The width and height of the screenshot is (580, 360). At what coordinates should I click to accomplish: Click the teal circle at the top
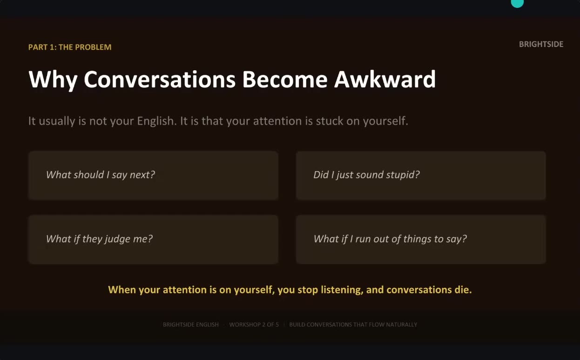(517, 3)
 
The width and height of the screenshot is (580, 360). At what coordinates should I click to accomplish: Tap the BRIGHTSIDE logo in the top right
(541, 44)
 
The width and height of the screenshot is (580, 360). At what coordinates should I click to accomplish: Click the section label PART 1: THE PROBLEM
(70, 47)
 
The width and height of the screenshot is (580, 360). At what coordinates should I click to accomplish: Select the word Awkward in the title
(385, 79)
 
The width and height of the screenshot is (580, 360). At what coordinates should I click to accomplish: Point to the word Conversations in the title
(160, 79)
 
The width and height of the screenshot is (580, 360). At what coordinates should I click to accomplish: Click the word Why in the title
(53, 80)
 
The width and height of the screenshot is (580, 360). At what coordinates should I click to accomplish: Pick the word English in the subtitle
(157, 121)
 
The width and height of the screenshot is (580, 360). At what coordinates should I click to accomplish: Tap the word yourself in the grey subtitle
(385, 121)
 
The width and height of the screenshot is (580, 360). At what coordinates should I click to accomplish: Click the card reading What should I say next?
(153, 175)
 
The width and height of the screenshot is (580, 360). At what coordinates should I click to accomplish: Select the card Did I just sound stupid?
(421, 175)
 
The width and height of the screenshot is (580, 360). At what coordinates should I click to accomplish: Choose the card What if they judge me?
(153, 240)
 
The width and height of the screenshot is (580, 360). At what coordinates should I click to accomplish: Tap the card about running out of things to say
(421, 240)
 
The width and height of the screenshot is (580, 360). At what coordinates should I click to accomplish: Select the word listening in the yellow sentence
(342, 290)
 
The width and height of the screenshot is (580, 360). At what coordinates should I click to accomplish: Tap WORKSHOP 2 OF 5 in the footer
(254, 325)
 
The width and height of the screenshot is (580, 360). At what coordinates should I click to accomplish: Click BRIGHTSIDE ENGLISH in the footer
(190, 325)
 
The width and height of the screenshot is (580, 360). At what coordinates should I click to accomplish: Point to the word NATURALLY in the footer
(401, 325)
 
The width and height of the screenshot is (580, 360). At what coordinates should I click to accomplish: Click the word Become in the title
(285, 79)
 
